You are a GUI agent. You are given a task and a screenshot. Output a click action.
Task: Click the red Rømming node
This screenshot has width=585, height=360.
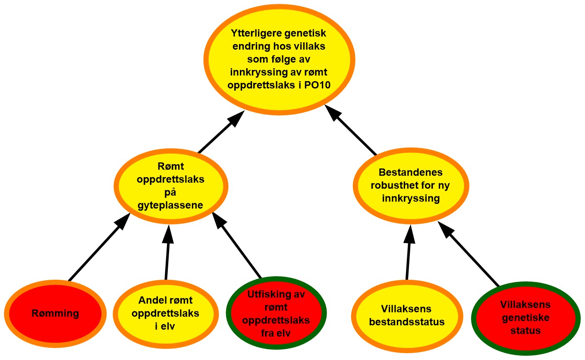55,313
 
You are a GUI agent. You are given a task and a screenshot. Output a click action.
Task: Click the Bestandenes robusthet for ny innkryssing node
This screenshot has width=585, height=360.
410,186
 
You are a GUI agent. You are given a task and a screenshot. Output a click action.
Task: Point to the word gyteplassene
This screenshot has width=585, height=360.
170,205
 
